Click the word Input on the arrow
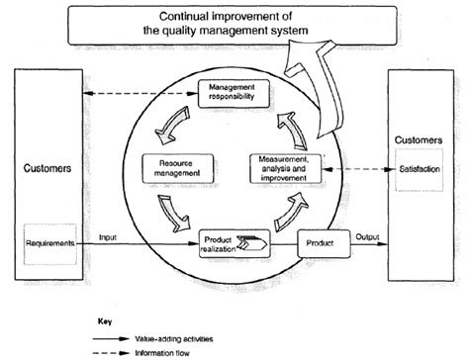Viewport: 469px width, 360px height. pyautogui.click(x=110, y=236)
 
